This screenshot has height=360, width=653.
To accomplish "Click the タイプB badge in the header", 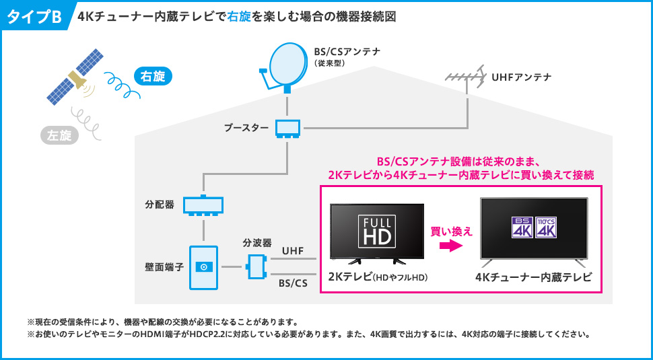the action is [34, 16].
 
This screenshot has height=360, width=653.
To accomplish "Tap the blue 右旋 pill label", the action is [153, 77].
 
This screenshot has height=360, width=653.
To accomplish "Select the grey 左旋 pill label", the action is [59, 136].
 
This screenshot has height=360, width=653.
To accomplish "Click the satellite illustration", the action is [75, 77].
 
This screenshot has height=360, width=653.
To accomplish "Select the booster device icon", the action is [287, 129].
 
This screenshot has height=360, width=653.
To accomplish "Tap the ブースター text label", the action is [246, 128].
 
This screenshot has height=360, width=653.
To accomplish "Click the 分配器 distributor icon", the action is [203, 206].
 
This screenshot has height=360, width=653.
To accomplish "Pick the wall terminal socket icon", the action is [203, 267].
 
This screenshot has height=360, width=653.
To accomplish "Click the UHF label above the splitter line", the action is [293, 251].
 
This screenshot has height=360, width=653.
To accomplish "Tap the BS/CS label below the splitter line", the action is [293, 283].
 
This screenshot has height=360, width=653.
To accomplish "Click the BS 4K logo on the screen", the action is [522, 227].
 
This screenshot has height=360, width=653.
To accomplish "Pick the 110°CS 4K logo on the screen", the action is [546, 227].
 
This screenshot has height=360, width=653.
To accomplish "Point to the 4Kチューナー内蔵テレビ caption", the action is [533, 277].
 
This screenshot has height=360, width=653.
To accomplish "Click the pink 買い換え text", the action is [452, 231].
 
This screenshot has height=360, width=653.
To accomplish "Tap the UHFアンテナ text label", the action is [522, 77].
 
